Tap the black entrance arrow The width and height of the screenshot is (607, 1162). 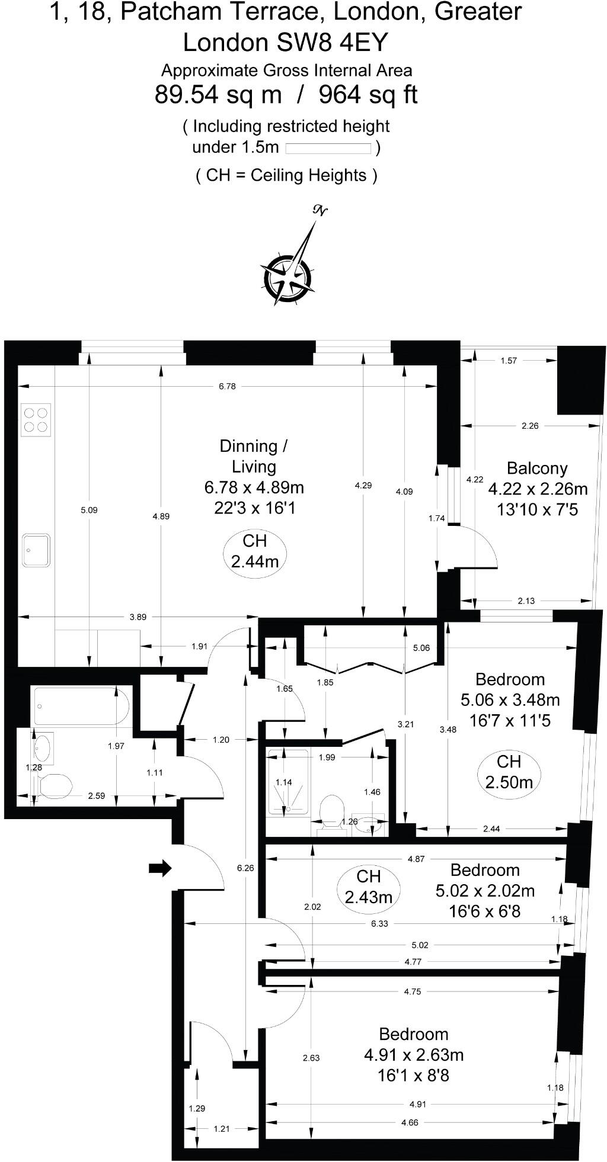(159, 869)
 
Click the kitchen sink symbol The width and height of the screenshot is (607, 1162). (36, 550)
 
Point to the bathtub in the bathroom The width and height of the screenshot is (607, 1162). (81, 706)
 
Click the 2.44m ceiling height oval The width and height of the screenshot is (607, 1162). (254, 551)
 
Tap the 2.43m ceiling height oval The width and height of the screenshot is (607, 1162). (368, 887)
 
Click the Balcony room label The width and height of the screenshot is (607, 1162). (537, 468)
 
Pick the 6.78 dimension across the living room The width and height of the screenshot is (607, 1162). (227, 386)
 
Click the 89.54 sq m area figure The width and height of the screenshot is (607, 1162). (218, 94)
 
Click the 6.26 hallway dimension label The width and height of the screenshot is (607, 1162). (245, 868)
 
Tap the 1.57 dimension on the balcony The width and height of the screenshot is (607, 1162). (509, 360)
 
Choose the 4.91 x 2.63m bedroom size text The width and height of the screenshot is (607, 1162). (413, 1055)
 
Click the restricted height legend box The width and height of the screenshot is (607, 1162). (329, 148)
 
